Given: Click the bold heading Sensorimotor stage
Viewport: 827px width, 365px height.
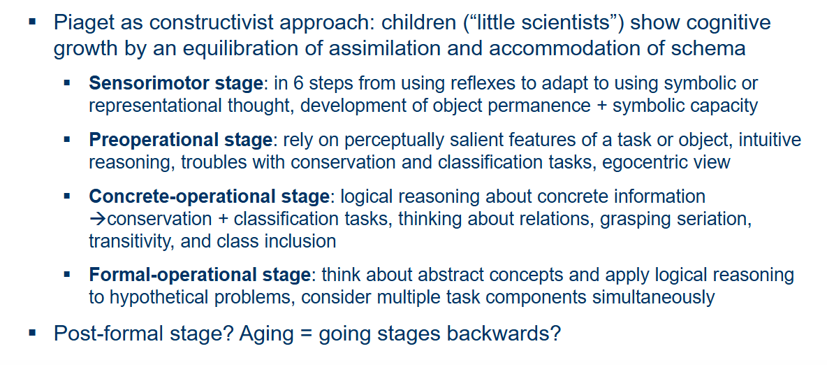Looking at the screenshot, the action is (x=175, y=83).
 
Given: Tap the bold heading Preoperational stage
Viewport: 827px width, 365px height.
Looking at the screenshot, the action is (x=180, y=141).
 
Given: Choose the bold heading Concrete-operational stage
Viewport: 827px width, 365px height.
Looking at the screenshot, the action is (x=210, y=196).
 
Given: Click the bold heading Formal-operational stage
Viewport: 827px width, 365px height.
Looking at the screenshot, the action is (x=200, y=275).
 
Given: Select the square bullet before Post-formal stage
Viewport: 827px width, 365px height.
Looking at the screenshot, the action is (x=34, y=333).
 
